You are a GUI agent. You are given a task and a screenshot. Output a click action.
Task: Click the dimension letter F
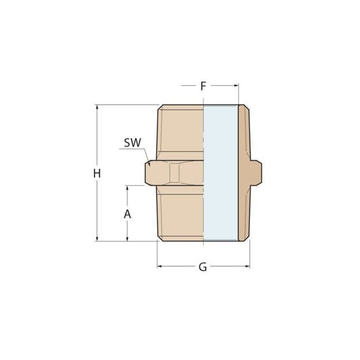point(203,86)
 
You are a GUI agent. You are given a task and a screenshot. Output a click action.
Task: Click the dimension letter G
point(203,267)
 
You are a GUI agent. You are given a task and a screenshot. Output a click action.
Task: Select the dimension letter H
point(97,174)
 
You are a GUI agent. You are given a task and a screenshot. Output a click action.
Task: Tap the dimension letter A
point(128,214)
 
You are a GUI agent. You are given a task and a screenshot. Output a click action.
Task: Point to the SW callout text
point(132,143)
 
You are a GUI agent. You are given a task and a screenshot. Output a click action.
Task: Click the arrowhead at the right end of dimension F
point(236,85)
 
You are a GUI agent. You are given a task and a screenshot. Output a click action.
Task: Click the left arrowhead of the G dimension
point(159,266)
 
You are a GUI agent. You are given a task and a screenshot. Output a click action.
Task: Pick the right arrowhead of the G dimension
point(247,266)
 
